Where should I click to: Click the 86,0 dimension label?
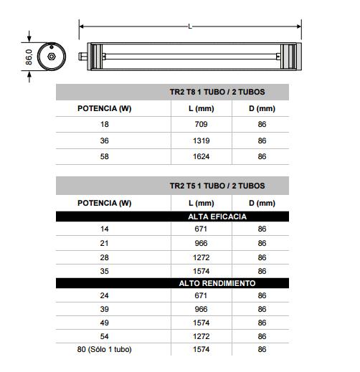click(x=29, y=57)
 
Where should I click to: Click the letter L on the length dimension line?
click(x=190, y=27)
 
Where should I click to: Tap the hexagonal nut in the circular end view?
click(x=52, y=57)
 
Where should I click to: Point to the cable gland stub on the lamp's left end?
click(x=82, y=57)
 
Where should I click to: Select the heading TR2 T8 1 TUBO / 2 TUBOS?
click(x=217, y=92)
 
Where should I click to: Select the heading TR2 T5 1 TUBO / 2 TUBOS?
click(x=217, y=186)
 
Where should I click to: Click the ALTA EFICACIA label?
click(x=217, y=216)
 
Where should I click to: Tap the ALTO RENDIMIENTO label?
click(x=217, y=283)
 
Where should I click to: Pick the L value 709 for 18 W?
click(x=201, y=124)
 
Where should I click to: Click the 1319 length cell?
click(x=202, y=140)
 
